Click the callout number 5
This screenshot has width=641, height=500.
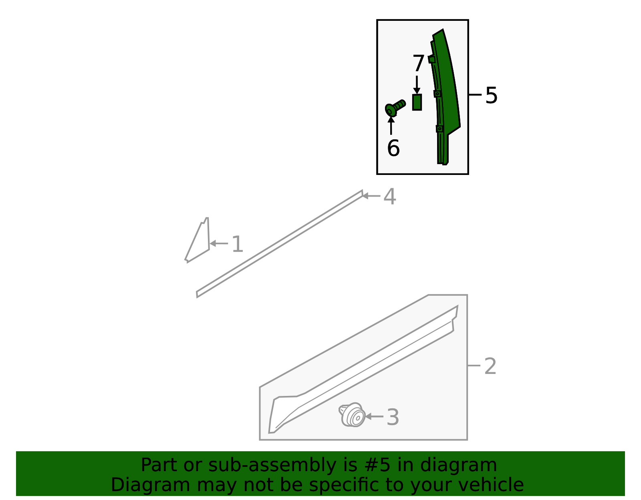click(x=491, y=95)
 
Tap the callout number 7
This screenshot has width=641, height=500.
click(x=418, y=63)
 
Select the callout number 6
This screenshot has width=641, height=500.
click(x=393, y=148)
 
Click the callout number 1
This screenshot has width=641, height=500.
click(x=238, y=244)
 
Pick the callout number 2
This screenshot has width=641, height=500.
click(x=490, y=366)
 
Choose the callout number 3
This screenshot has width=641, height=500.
click(x=393, y=417)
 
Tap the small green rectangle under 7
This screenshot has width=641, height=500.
click(x=417, y=102)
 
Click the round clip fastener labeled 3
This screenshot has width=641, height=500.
click(x=352, y=415)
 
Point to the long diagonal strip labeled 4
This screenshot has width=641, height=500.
click(x=280, y=244)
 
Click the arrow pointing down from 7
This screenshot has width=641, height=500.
click(x=417, y=85)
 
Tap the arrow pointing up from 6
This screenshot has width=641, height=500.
click(x=391, y=126)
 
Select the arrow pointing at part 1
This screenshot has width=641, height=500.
click(x=219, y=244)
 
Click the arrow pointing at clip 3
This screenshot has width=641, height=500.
click(x=374, y=417)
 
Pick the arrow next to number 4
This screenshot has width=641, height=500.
click(x=371, y=196)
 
